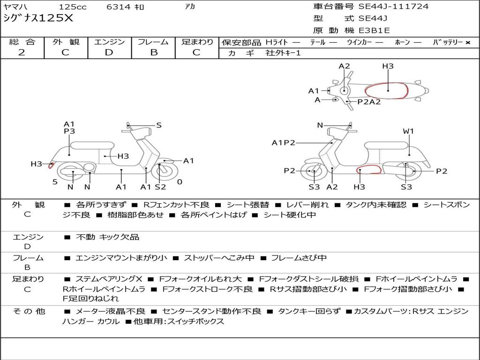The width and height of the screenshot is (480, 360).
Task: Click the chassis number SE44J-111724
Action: (393, 7)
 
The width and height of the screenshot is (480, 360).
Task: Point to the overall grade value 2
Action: (22, 52)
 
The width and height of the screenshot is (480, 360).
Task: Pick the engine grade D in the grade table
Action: (109, 52)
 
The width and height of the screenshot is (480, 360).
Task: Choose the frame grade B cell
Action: (153, 52)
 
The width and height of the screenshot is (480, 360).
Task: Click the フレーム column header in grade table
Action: (153, 42)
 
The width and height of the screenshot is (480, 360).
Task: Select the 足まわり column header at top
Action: (197, 42)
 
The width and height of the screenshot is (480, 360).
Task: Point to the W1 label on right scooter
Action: (408, 131)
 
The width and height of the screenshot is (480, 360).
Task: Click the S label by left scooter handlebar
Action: (159, 125)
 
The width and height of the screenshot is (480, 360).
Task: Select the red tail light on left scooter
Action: (51, 164)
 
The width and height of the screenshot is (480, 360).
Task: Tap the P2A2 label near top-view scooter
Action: (369, 101)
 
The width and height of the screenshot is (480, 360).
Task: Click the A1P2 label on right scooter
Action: (283, 142)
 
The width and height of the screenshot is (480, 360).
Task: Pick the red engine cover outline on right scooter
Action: (368, 170)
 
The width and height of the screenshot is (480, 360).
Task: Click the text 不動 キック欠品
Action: (108, 237)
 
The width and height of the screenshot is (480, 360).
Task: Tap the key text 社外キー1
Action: (283, 53)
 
